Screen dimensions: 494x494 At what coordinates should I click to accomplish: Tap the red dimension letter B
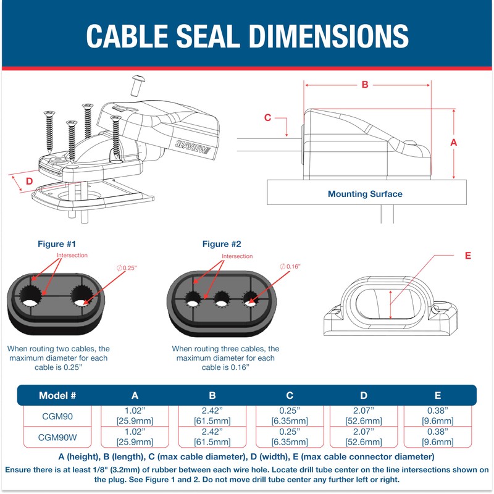pos(365,85)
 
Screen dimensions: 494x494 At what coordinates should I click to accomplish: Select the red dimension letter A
pos(454,142)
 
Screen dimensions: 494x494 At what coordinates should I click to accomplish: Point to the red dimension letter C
pos(267,117)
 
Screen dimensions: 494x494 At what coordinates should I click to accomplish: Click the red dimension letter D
pos(28,182)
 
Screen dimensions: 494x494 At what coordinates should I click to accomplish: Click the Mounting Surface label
pos(365,194)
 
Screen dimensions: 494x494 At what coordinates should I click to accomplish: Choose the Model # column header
pos(57,395)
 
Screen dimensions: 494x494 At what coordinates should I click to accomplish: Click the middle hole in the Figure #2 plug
pos(222,302)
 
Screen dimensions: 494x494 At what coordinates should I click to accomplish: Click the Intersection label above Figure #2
pos(237,256)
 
